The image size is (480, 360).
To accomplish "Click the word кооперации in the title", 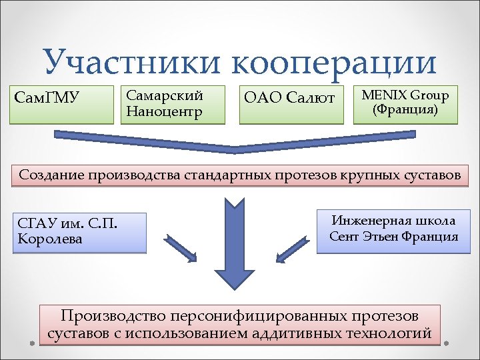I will [334, 63].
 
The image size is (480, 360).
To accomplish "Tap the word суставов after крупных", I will [426, 175].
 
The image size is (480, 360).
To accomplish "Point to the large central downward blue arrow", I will [231, 247].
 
